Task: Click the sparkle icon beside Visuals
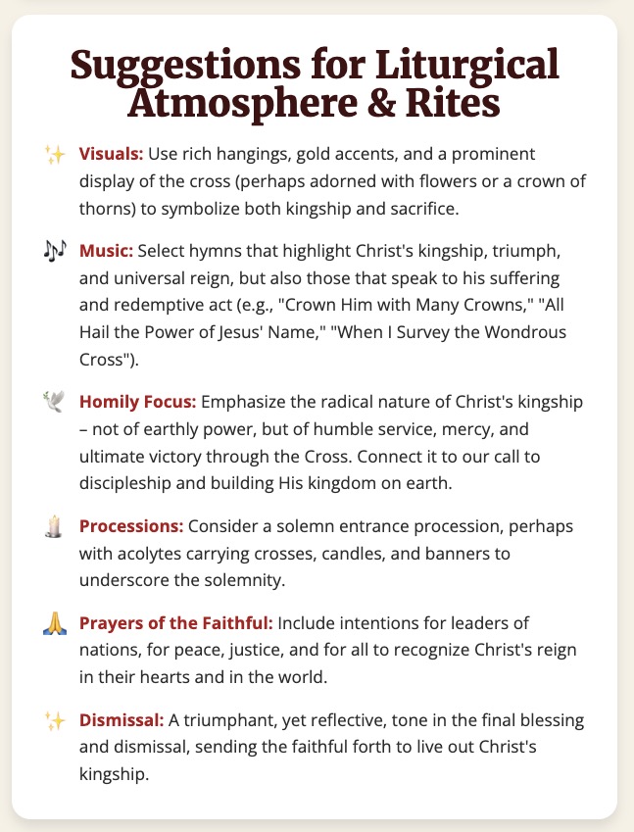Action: (54, 155)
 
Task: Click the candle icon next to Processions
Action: (54, 526)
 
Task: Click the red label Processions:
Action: (139, 526)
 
